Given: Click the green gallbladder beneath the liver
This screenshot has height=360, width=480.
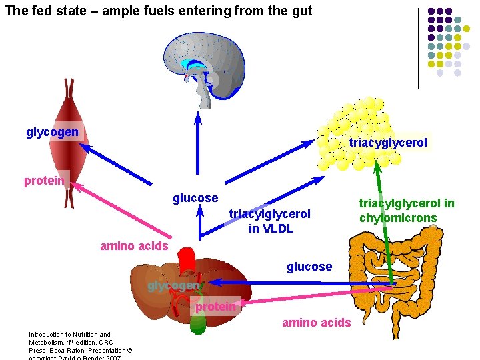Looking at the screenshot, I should pos(198,323).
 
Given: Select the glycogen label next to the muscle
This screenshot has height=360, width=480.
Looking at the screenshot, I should pos(52,132).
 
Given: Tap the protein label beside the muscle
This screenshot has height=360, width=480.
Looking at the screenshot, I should pos(44,181).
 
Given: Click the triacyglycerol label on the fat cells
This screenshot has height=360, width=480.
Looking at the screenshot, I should pos(388,143).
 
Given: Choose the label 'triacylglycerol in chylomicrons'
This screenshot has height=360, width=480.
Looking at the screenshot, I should pos(407,211).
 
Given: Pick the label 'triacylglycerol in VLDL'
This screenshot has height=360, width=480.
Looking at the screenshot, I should pos(270,221).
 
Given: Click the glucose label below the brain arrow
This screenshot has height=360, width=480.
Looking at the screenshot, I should pos(195,198).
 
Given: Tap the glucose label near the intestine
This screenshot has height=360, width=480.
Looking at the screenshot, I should pos(309,267).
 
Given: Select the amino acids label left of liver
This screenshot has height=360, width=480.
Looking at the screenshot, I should pos(134,246).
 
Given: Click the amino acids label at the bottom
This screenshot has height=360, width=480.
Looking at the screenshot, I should pos(316,323).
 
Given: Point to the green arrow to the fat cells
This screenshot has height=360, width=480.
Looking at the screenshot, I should pos(387,220).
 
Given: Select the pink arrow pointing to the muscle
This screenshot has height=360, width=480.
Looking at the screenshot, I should pos(127,213).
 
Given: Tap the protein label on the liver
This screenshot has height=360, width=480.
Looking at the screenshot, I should pos(215,307).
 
